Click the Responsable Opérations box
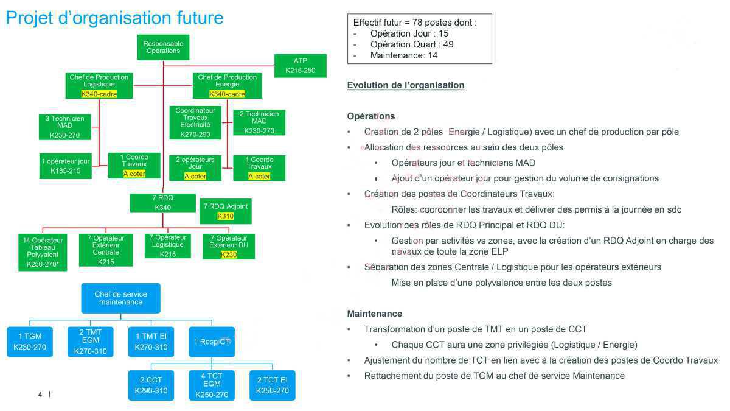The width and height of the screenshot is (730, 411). tap(162, 47)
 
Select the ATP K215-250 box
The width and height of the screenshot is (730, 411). tap(300, 66)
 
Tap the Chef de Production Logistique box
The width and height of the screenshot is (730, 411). tap(99, 85)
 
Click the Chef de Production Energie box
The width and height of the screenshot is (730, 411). tap(227, 85)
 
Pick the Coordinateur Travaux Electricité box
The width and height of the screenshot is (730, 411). tap(195, 122)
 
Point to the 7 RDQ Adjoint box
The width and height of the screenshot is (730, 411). tap(225, 211)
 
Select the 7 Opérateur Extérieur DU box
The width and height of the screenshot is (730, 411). tap(229, 246)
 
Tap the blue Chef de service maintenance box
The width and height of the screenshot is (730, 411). tap(120, 298)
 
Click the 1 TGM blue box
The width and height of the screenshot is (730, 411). tap(30, 342)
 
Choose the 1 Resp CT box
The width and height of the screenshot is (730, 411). tap(212, 342)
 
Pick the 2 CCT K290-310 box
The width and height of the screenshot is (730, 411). tap(151, 385)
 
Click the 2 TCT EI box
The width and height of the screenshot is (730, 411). tap(272, 385)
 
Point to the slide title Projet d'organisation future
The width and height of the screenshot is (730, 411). tap(114, 18)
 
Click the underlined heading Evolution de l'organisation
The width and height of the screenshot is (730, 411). tap(405, 85)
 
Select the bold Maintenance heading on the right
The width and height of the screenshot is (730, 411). tap(374, 314)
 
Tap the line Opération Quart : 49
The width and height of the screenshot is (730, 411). tap(411, 44)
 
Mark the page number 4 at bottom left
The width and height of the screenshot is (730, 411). tap(40, 395)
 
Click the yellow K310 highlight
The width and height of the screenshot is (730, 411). tap(225, 216)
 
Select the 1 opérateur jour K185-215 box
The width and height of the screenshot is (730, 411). tap(66, 166)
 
